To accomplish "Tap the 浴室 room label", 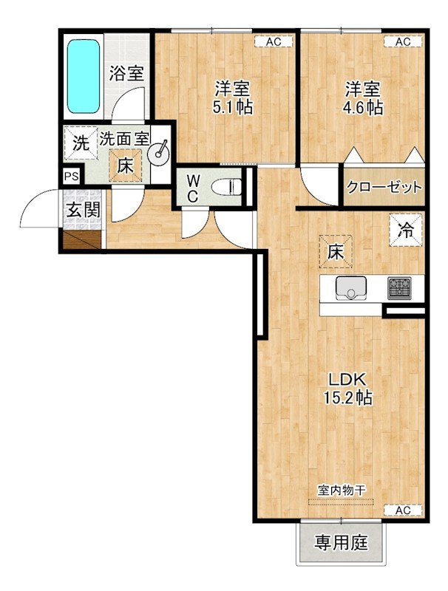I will [x=126, y=73].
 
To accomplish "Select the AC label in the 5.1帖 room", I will [x=274, y=42].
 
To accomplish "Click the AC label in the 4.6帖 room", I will [x=402, y=42].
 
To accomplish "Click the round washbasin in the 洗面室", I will [x=159, y=153].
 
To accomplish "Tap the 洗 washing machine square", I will [x=79, y=143].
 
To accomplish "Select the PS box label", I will [x=71, y=177].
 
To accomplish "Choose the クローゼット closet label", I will [x=384, y=187].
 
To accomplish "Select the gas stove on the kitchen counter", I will [x=401, y=287].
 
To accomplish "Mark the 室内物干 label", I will [x=342, y=490].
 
